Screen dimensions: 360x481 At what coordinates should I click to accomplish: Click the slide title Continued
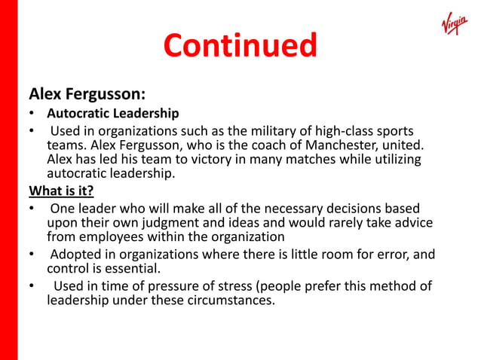click(240, 47)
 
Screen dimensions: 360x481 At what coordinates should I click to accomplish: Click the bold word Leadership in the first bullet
click(146, 114)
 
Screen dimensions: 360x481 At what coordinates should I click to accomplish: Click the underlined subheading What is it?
click(61, 189)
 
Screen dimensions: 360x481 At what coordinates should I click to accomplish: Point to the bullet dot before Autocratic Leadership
click(32, 114)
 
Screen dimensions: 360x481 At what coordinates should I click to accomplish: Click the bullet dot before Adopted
click(32, 255)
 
